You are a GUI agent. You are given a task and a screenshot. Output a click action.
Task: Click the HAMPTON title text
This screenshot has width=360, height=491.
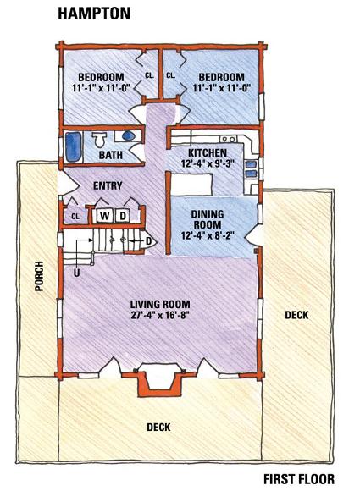[94, 14]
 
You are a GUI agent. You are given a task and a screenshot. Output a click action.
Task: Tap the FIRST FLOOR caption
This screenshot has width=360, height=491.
[299, 479]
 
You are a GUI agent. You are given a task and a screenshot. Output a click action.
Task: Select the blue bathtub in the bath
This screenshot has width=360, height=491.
[74, 147]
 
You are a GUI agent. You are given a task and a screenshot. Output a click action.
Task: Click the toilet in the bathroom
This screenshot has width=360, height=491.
[100, 140]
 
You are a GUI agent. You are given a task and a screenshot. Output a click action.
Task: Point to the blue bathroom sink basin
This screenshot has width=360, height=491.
[128, 136]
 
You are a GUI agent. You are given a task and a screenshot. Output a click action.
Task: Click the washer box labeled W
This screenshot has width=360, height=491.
[105, 216]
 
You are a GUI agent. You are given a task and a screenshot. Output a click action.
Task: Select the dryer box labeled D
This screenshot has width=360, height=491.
[123, 216]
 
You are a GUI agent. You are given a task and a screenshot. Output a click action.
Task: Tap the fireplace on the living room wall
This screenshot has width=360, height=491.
[159, 379]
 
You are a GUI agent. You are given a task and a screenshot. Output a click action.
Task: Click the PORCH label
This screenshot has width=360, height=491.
[39, 276]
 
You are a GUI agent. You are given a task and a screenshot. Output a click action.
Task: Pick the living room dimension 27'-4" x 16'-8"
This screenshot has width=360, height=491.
[160, 315]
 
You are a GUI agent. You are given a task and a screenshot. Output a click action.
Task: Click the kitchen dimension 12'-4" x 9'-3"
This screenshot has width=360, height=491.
[208, 163]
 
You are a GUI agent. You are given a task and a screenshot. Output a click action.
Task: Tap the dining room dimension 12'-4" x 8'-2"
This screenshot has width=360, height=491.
[208, 235]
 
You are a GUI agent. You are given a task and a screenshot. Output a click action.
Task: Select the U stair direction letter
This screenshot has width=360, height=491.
[76, 273]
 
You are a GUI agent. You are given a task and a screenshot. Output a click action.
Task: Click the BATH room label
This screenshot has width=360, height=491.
[111, 155]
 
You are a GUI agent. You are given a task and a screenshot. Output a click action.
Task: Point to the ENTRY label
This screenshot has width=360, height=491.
[108, 185]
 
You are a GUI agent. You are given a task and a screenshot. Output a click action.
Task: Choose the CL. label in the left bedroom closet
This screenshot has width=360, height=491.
[149, 75]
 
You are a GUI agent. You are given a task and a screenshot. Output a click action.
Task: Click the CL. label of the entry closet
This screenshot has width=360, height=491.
[76, 217]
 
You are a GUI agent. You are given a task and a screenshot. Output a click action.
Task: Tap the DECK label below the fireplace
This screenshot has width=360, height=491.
[159, 428]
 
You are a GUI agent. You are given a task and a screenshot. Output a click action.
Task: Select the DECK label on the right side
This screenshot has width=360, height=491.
[296, 315]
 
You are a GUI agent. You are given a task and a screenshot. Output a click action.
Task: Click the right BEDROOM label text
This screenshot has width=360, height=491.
[222, 77]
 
